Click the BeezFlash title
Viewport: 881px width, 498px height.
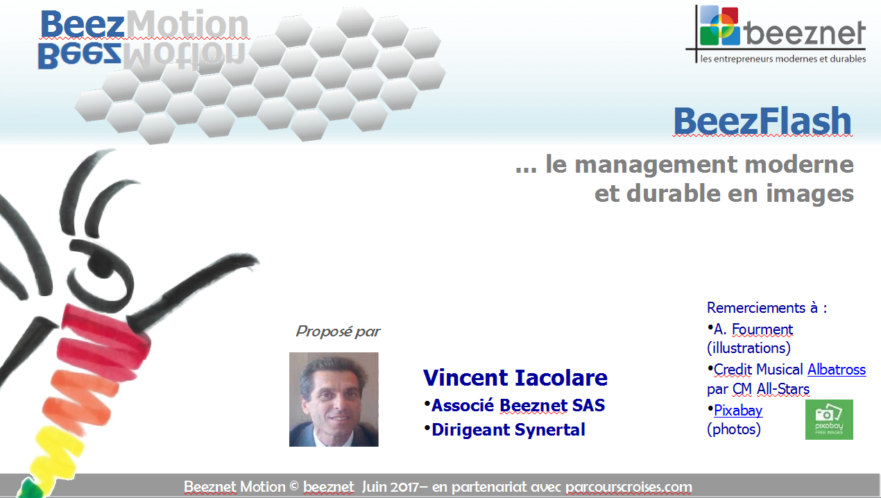(762, 121)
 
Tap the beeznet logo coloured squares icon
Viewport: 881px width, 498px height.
(719, 26)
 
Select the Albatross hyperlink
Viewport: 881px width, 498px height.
(837, 370)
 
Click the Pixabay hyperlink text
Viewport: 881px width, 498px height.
(738, 411)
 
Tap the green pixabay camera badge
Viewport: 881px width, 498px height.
(829, 420)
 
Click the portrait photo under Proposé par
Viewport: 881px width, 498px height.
(334, 400)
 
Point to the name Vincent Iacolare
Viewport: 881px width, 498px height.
(515, 377)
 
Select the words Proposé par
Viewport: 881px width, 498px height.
(338, 332)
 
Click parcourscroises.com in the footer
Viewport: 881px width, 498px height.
(628, 487)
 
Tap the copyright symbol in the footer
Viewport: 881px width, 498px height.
(294, 486)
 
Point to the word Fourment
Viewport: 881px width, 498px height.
(762, 329)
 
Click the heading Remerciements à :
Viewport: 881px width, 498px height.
(767, 308)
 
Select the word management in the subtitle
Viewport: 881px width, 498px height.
(656, 165)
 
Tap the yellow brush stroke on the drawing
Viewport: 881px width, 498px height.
(59, 452)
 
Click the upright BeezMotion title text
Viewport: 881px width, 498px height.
(144, 24)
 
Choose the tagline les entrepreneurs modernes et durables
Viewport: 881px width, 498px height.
(782, 59)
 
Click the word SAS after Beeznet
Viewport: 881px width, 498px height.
(588, 406)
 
